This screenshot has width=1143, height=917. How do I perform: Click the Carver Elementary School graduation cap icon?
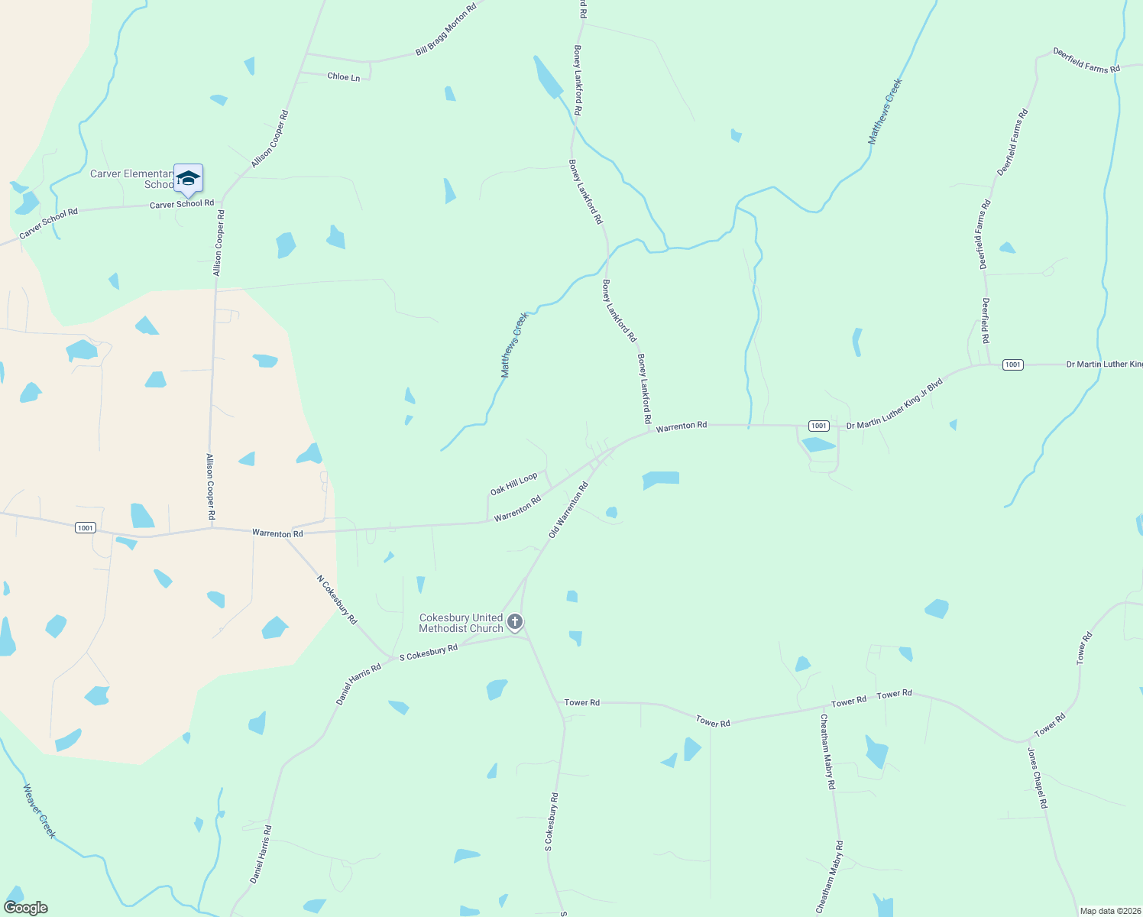[x=188, y=179]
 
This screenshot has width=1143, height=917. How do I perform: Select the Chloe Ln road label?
[x=343, y=77]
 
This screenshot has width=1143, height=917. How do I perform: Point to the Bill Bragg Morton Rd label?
[x=446, y=30]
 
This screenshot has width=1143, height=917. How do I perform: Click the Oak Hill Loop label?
[x=513, y=483]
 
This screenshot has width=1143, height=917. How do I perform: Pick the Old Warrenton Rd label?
[x=568, y=510]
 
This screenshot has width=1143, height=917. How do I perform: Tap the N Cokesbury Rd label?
[x=337, y=600]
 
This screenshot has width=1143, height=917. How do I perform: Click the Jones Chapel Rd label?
[x=1037, y=778]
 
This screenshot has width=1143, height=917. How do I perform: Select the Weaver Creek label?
[x=39, y=811]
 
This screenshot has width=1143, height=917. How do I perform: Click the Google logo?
[x=25, y=908]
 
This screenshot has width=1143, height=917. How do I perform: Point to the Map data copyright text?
[x=1109, y=911]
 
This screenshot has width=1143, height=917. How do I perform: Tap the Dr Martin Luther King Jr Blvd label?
[x=895, y=403]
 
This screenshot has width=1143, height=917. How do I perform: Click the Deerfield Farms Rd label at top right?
[x=1086, y=60]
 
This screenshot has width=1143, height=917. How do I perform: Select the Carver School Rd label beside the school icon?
[x=181, y=204]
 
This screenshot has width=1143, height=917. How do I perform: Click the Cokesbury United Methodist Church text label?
[x=461, y=623]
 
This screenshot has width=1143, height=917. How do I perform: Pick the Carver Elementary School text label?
[x=131, y=179]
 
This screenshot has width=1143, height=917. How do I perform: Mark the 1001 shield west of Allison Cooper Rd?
[x=86, y=528]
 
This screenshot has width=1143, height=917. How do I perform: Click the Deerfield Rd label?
[x=986, y=320]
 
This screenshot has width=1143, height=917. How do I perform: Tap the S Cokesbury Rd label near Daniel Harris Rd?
[x=428, y=652]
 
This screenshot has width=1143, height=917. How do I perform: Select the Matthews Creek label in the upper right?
[x=886, y=112]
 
